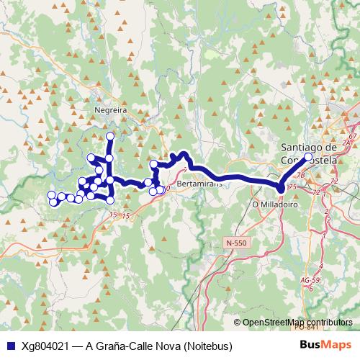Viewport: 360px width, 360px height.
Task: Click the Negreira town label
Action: click(x=110, y=111)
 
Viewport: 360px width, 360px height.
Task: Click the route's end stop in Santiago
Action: click(x=308, y=157)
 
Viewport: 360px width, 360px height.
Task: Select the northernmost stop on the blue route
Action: click(x=110, y=136)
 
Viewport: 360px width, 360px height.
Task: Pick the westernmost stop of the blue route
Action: click(x=51, y=195)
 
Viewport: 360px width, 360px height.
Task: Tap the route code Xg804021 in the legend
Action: click(x=45, y=346)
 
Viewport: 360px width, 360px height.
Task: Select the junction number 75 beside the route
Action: click(x=292, y=187)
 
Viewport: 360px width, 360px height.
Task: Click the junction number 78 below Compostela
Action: click(x=301, y=174)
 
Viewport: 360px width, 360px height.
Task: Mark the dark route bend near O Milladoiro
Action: click(x=281, y=189)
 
